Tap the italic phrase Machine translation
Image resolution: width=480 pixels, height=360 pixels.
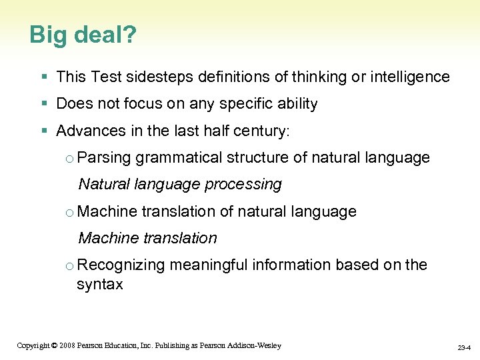[147, 238]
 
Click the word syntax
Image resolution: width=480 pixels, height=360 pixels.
[100, 285]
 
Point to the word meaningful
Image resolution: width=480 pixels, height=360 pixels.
[209, 265]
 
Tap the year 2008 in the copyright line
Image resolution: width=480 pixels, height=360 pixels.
[67, 345]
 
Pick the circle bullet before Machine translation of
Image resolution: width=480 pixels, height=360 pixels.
[70, 212]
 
